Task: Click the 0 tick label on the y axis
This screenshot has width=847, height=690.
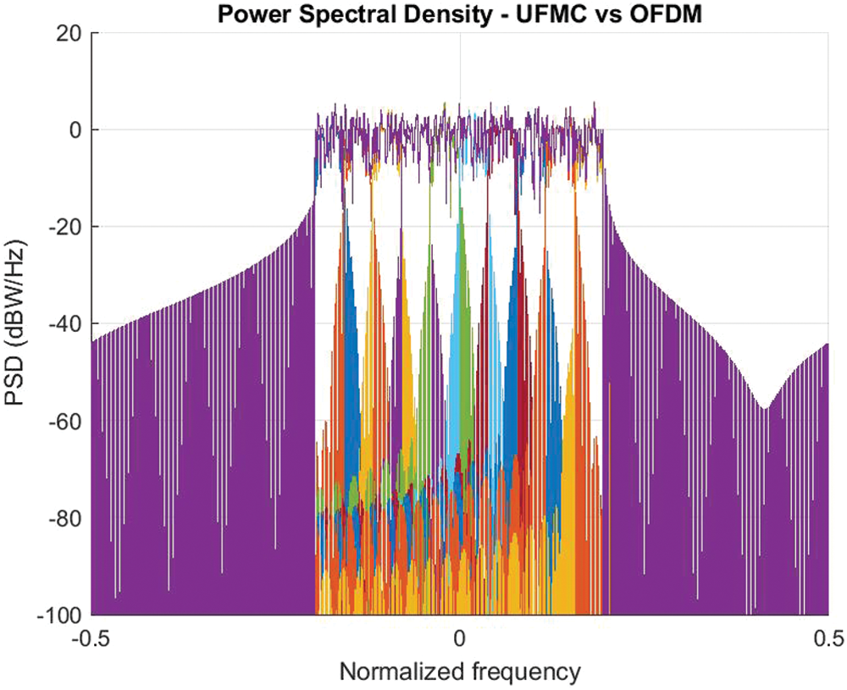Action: (75, 130)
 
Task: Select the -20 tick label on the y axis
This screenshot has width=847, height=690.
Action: (65, 227)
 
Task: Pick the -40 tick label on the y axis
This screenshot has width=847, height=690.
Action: (65, 323)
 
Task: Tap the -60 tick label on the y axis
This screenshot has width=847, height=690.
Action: (65, 421)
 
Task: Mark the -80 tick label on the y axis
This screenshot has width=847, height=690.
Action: (65, 517)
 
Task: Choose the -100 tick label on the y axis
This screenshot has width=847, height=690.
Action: (60, 614)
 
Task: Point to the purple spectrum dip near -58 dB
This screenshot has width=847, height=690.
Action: (763, 408)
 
